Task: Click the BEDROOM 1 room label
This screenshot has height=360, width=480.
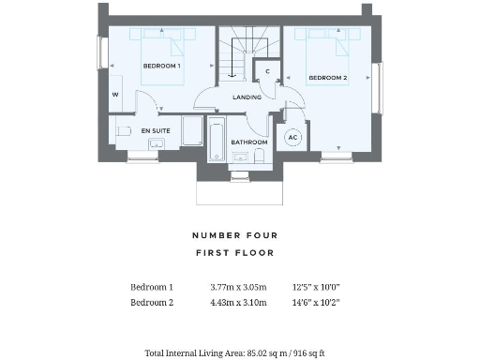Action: [161, 67]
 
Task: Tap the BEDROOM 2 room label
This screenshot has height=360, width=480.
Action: [328, 78]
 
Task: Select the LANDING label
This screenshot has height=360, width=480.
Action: [247, 97]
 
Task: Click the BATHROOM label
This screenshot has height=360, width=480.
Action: [249, 142]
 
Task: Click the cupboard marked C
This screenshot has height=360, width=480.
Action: [268, 71]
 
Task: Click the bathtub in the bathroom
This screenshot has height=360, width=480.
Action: [216, 142]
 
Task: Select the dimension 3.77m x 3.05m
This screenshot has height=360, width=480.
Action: [239, 287]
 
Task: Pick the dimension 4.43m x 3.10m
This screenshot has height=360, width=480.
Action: [239, 302]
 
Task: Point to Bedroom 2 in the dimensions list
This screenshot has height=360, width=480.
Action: [152, 302]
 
